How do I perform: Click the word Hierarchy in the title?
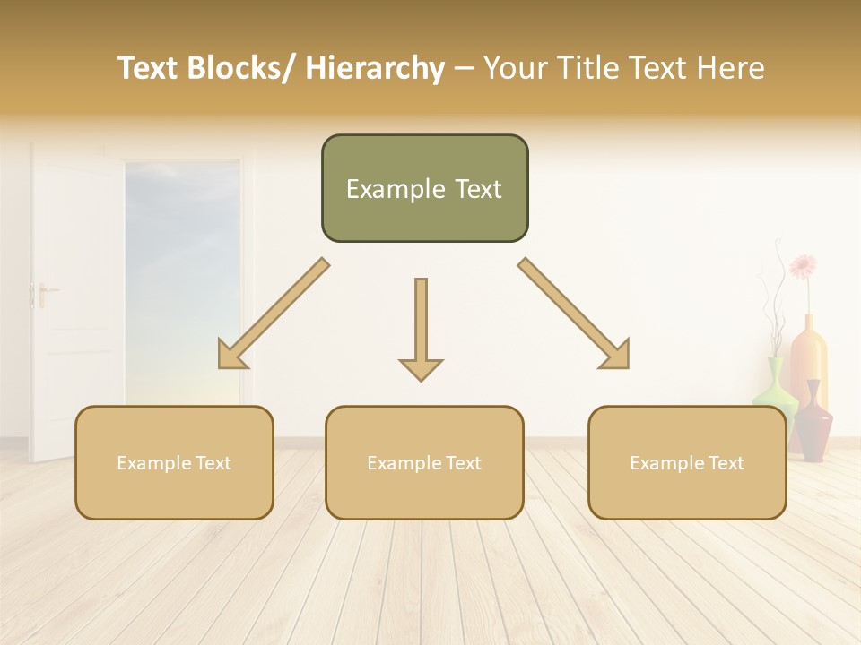click(x=375, y=69)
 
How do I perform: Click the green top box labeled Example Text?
click(x=424, y=188)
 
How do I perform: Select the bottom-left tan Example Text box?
click(x=174, y=462)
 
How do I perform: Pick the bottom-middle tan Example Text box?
click(x=424, y=462)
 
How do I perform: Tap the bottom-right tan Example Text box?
click(x=687, y=462)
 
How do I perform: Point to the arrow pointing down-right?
click(x=575, y=314)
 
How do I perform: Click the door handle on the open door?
click(x=42, y=291)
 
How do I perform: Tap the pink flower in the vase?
click(x=803, y=266)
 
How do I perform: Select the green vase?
click(x=774, y=385)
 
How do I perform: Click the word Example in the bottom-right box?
click(x=660, y=463)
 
